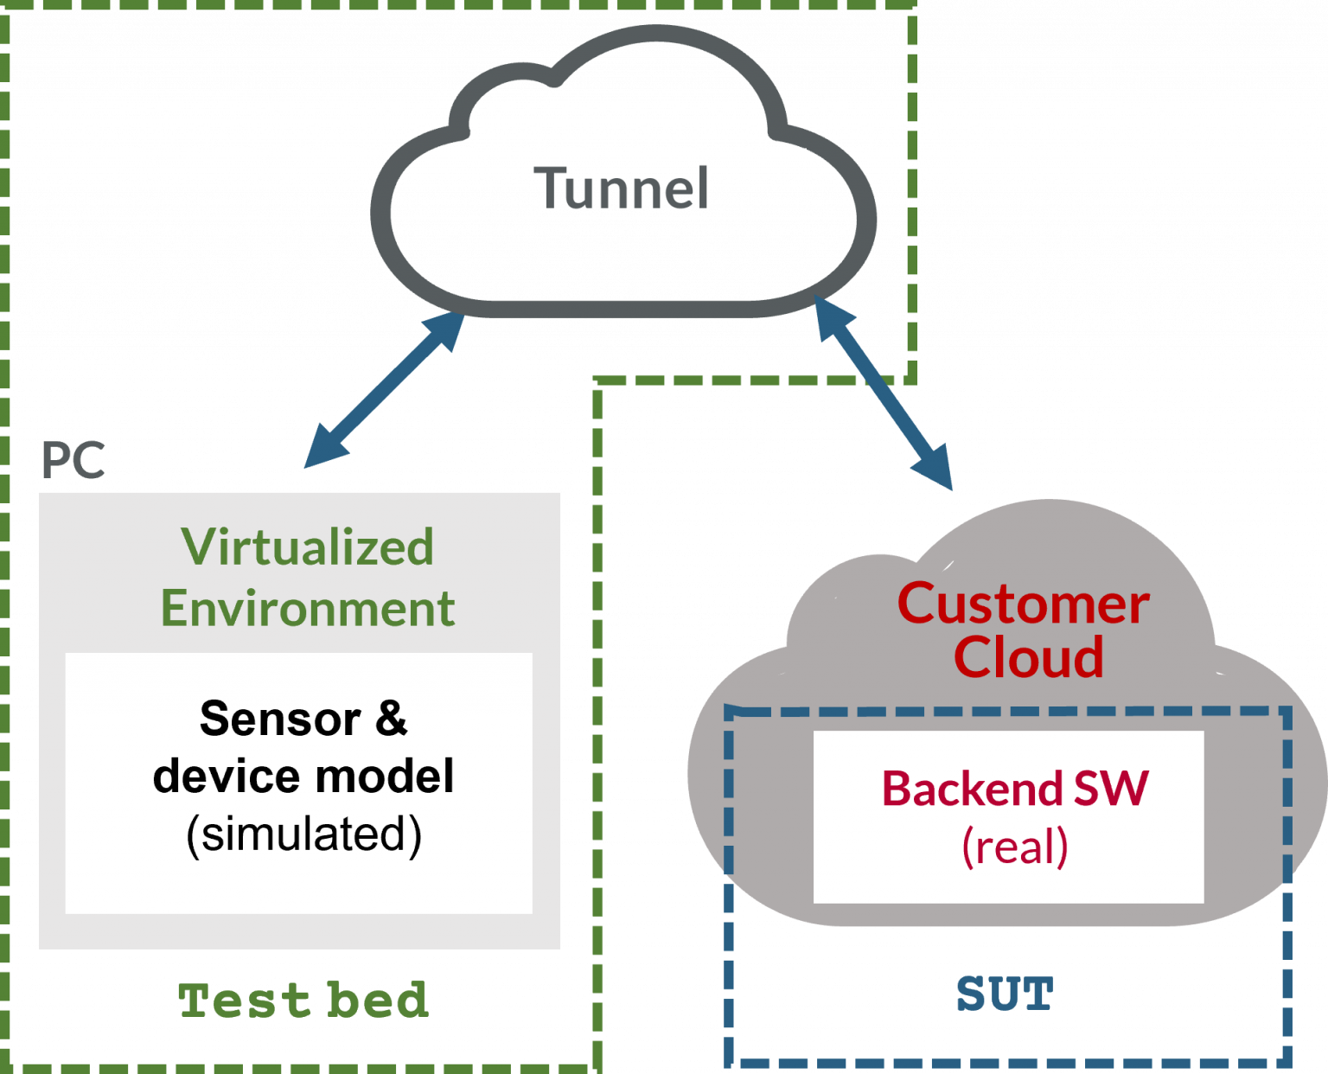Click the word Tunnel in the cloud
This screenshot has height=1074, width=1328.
click(x=622, y=189)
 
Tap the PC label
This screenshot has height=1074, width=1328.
click(x=73, y=461)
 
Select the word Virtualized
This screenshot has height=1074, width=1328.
click(x=308, y=547)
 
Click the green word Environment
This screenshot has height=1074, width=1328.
click(x=308, y=609)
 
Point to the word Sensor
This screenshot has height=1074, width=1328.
click(x=280, y=719)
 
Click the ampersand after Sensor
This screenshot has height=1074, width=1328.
click(x=391, y=718)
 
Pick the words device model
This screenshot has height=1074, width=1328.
click(x=303, y=776)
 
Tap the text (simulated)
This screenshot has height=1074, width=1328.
click(x=303, y=834)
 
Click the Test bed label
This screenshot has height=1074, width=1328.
click(x=303, y=1000)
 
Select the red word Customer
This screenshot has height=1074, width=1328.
click(x=1024, y=604)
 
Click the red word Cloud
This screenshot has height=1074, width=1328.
click(x=1029, y=657)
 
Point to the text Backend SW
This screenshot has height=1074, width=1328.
click(x=1015, y=789)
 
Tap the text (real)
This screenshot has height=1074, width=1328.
click(x=1015, y=847)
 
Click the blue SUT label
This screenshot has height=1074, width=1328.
click(x=1006, y=994)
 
